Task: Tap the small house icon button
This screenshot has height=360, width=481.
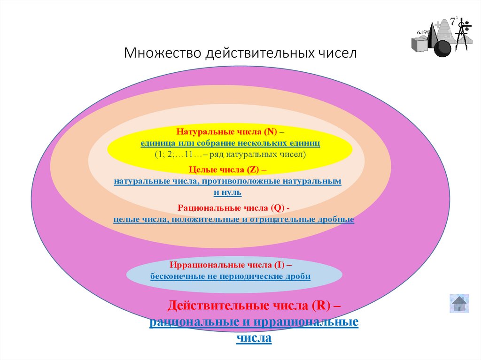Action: pos(459,303)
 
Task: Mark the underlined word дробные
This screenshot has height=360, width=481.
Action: pos(336,219)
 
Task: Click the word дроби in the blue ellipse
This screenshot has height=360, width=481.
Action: pos(297,276)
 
